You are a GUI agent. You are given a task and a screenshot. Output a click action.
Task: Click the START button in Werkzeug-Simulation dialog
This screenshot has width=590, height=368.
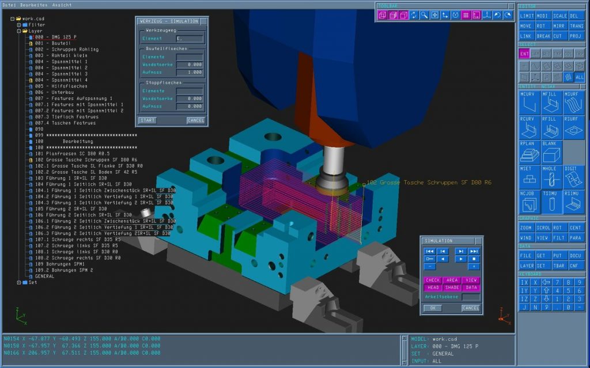147,120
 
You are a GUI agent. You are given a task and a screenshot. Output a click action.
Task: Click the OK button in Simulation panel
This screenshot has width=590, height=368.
432,308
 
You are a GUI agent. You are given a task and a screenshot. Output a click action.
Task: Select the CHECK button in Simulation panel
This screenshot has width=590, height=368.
432,280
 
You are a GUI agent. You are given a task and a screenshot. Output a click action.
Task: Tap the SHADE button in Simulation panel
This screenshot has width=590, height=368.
452,287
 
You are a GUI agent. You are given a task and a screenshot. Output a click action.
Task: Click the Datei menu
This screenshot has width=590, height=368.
9,5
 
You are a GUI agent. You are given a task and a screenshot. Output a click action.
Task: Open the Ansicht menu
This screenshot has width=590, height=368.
62,5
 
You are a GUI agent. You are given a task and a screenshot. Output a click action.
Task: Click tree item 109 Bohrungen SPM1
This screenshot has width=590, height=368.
59,264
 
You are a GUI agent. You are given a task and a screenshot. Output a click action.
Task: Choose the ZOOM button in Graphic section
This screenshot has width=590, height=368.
526,227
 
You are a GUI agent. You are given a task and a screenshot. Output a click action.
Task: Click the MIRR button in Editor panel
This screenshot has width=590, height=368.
559,26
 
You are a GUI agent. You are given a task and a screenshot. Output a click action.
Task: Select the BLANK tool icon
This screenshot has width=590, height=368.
551,152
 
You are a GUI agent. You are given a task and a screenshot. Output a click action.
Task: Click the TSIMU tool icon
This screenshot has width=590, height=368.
551,202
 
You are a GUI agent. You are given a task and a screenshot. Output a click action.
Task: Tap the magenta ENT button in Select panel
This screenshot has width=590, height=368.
524,54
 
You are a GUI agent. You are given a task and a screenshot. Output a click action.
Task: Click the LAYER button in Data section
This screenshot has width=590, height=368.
526,265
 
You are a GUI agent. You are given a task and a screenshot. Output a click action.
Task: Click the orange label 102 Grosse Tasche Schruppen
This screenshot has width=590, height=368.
429,183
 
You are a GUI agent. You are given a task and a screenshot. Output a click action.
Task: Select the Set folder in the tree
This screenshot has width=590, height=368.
32,283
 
